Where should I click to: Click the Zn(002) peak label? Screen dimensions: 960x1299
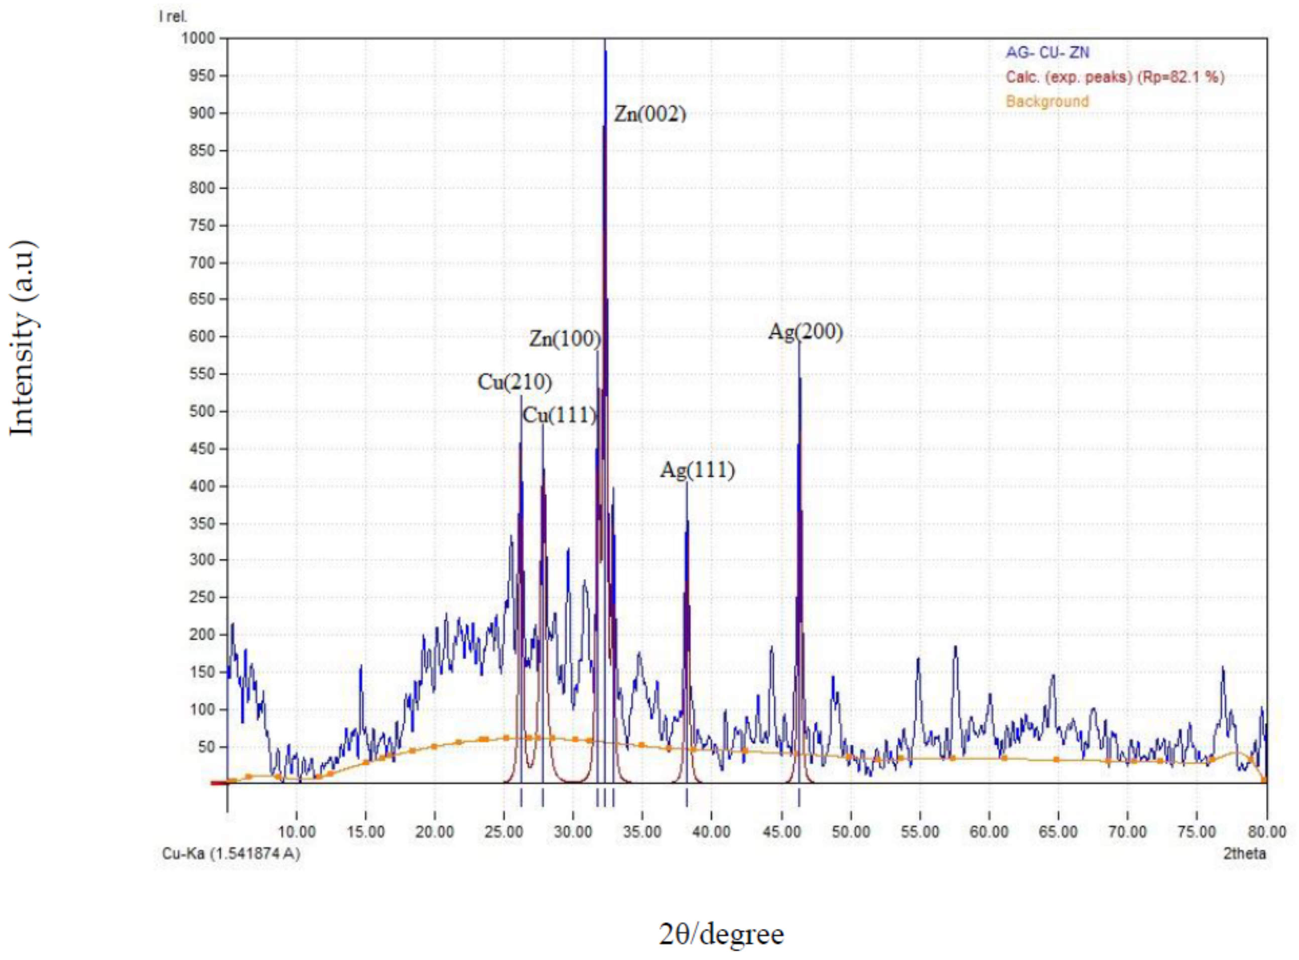click(650, 113)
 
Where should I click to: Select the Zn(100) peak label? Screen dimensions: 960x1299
click(565, 338)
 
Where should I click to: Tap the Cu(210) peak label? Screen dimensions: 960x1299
click(514, 383)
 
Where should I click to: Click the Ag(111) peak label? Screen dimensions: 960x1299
click(698, 469)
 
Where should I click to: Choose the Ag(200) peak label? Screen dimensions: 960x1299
click(805, 332)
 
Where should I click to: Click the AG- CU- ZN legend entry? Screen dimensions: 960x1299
click(1048, 53)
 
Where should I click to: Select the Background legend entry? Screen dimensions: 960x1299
click(1048, 101)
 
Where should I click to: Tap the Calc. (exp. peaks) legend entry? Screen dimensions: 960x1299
click(1115, 77)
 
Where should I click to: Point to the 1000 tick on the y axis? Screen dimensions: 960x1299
click(199, 38)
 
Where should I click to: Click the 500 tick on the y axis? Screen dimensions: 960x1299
click(202, 411)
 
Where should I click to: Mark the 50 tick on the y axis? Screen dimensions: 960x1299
click(206, 747)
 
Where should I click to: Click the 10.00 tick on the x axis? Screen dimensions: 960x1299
click(297, 831)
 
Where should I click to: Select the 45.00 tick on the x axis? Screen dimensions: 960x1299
click(782, 831)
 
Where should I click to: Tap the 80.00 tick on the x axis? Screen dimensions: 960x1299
click(1267, 831)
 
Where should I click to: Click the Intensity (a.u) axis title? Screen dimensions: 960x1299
click(23, 337)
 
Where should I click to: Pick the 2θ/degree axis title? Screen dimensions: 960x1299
click(721, 934)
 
